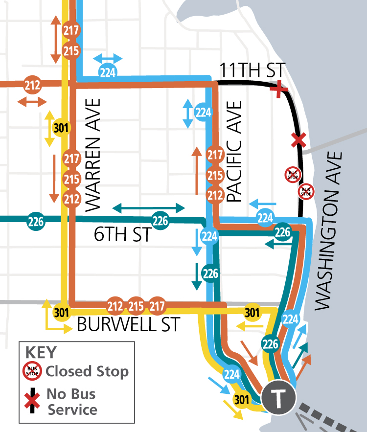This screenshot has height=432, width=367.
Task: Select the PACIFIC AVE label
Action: (x=235, y=152)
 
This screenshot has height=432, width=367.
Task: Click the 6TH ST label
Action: (x=122, y=235)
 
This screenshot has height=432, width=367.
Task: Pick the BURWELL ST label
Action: (x=129, y=324)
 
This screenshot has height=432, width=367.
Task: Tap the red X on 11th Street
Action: (x=278, y=89)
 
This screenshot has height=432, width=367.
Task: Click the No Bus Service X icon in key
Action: (x=33, y=401)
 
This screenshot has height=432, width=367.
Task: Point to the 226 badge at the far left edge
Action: (x=36, y=221)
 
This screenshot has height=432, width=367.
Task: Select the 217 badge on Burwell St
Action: (x=157, y=307)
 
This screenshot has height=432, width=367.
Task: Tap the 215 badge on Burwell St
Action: (x=136, y=307)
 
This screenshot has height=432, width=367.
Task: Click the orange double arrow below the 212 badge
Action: (x=32, y=102)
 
